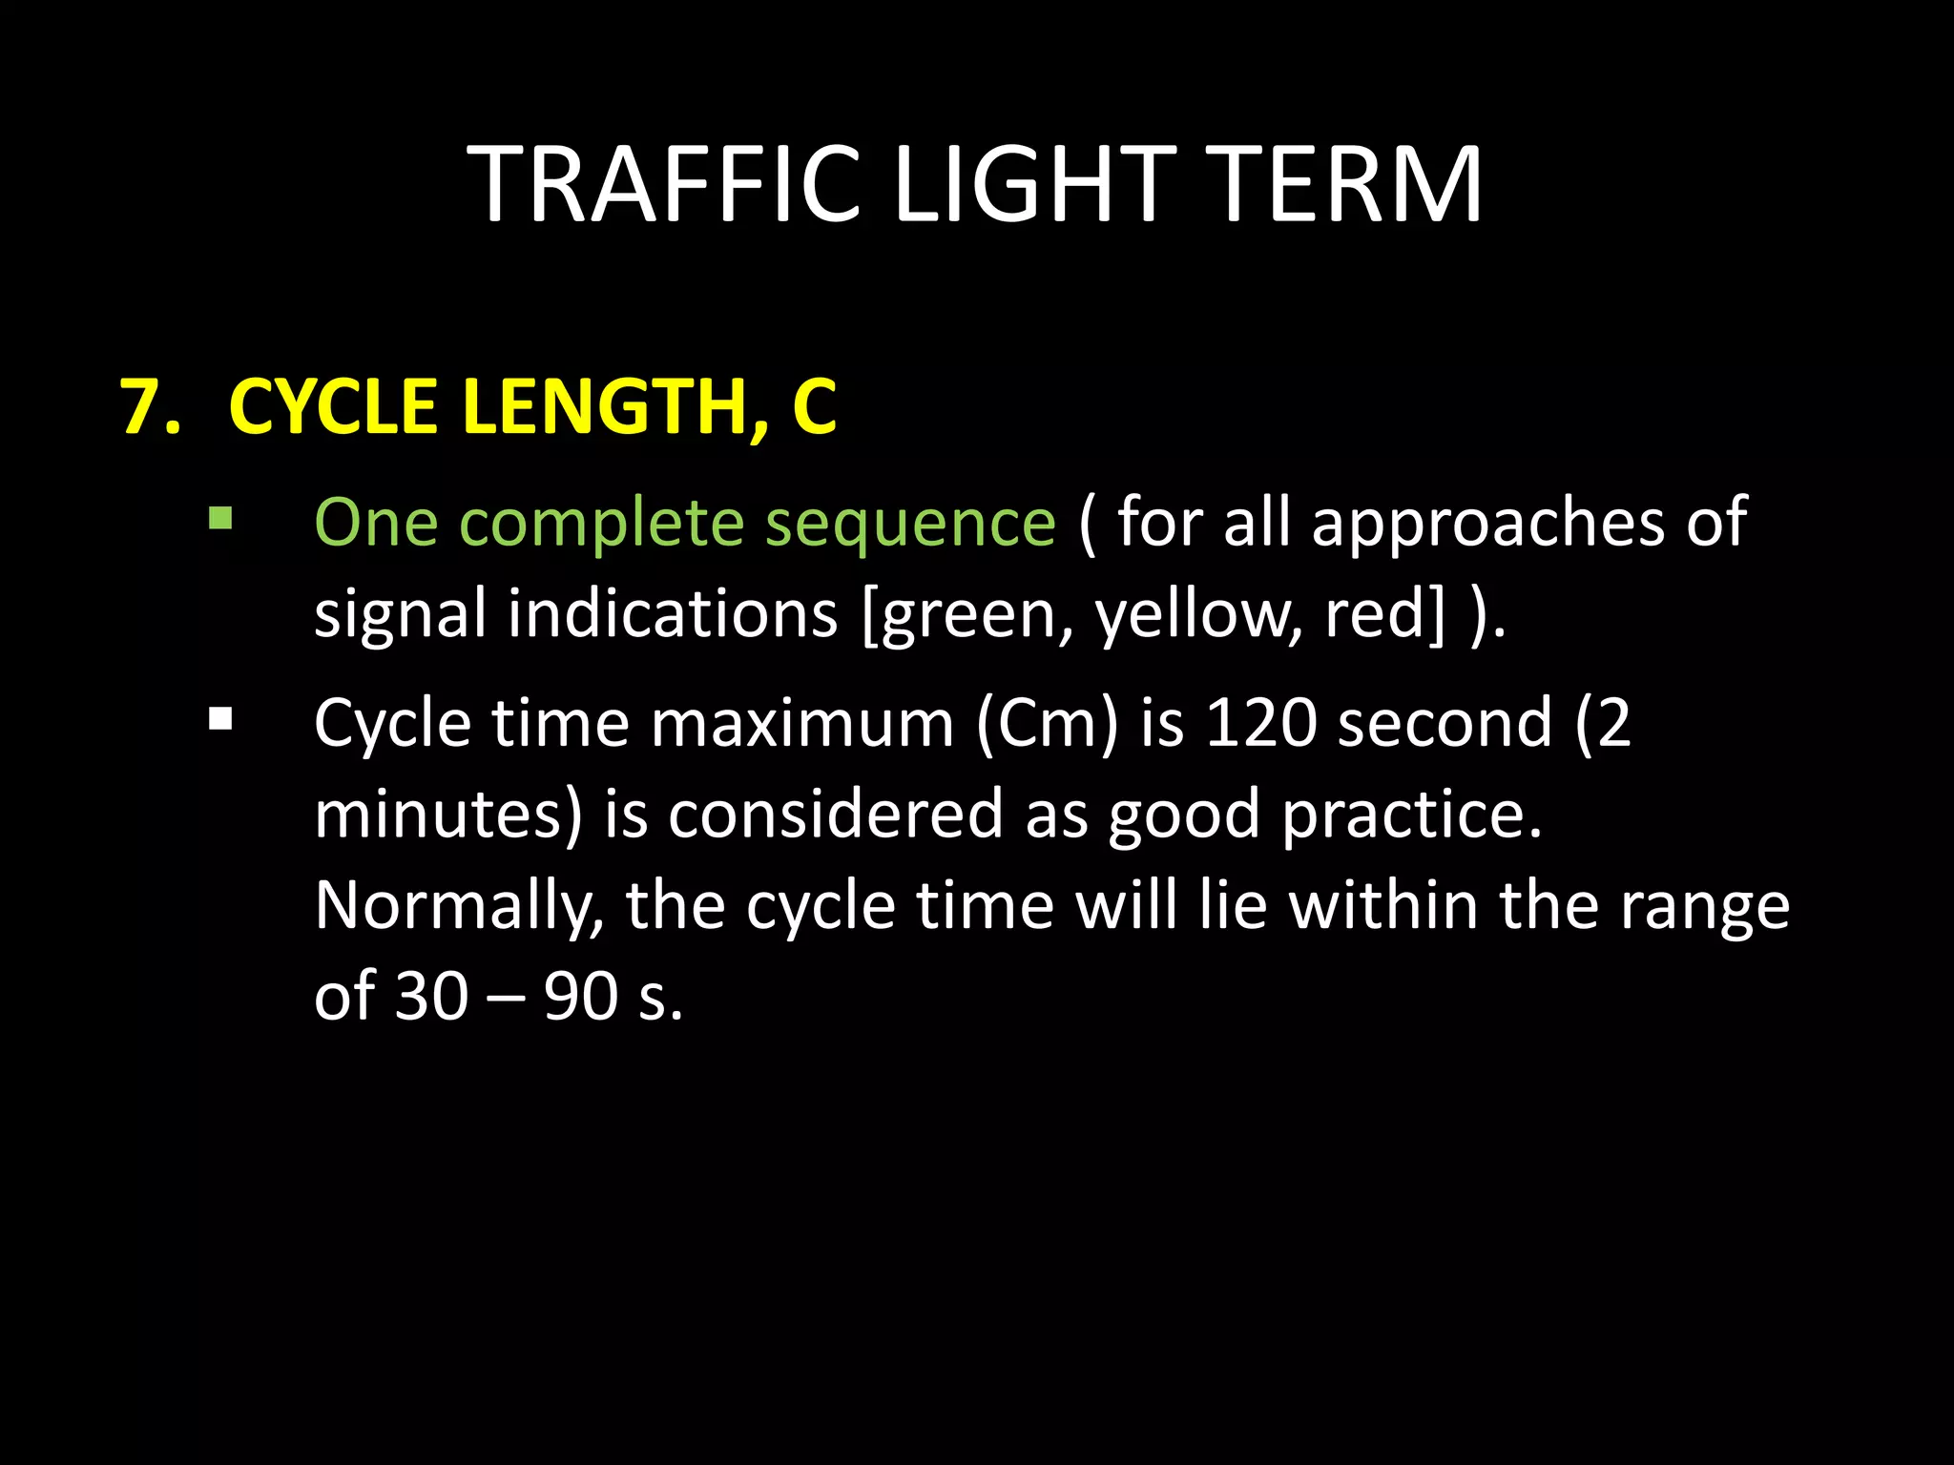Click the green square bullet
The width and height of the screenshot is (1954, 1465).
[220, 519]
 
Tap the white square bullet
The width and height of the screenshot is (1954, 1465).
[220, 718]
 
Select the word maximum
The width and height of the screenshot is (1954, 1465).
[801, 723]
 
